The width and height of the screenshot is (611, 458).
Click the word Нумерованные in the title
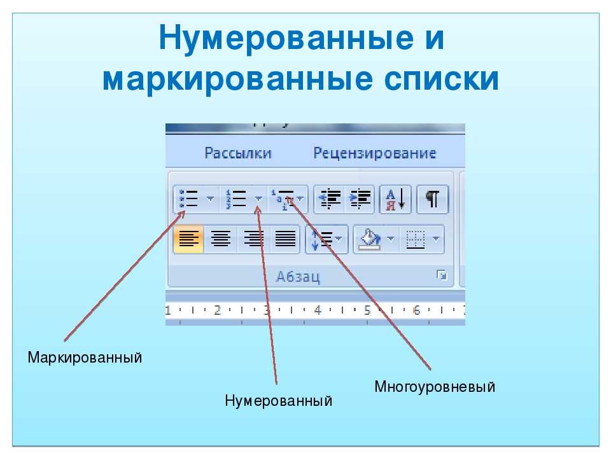(286, 38)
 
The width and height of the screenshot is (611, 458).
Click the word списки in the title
(441, 79)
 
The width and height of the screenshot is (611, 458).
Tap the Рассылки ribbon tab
(237, 153)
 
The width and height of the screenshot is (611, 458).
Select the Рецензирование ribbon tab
(374, 153)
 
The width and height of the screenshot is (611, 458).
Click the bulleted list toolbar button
(188, 199)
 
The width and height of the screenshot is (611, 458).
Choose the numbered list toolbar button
(236, 199)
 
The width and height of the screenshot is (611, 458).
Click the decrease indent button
(330, 199)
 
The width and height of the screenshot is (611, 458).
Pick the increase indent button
(360, 199)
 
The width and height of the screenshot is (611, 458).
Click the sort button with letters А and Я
(395, 199)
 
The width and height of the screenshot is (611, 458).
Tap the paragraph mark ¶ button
(433, 199)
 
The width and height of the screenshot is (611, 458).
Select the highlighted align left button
(188, 239)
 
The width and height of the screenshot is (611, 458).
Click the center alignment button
(221, 239)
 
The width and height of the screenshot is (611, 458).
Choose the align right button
(253, 239)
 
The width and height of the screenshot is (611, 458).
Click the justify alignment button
(285, 239)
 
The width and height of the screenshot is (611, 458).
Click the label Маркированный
(85, 357)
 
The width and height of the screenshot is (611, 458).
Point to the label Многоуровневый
(435, 387)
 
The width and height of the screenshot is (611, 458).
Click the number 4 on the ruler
(318, 310)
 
